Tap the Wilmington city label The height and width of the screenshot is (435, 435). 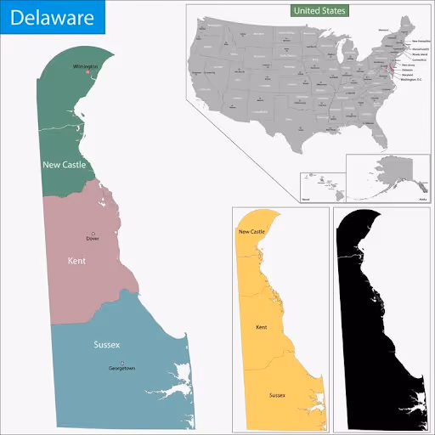pos(85,65)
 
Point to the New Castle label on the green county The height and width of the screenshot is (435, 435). pos(64,164)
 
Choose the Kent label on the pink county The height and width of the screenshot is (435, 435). pos(76,261)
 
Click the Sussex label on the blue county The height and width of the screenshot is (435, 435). pos(106,345)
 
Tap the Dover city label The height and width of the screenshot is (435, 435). pos(93,240)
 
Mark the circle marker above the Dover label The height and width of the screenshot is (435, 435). pos(93,233)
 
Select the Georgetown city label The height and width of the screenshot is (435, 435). pos(121,369)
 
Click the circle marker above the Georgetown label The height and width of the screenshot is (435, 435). pos(121,363)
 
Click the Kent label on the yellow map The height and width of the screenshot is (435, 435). pos(262,326)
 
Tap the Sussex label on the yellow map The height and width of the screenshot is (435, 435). pos(277,395)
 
